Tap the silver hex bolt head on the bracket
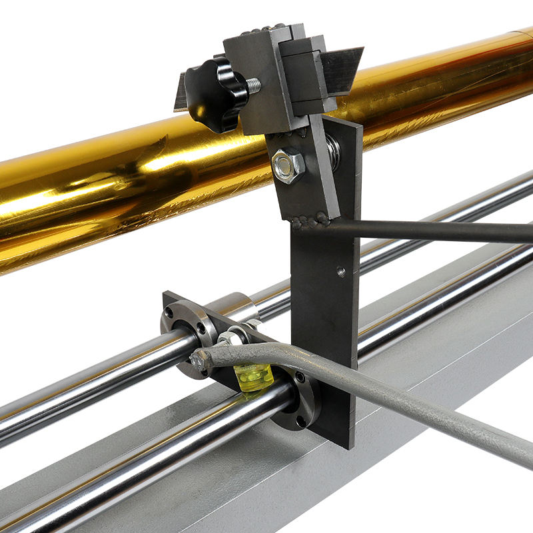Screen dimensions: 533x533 coord(288,165)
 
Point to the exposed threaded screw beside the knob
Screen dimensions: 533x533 coord(253,85)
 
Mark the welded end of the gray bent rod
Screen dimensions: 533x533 coord(201,360)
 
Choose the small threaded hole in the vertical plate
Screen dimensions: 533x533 coord(341,271)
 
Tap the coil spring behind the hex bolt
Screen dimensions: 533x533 coord(331,152)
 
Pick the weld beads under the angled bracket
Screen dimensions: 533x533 coord(310,220)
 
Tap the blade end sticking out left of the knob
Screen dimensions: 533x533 coord(180,97)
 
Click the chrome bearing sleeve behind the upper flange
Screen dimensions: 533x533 coord(237,308)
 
